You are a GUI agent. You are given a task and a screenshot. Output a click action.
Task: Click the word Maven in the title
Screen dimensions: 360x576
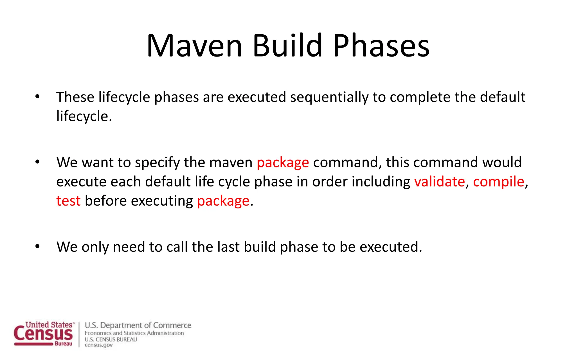194,46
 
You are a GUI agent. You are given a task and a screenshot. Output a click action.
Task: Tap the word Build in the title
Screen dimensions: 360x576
287,46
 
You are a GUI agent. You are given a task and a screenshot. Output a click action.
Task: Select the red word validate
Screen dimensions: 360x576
440,182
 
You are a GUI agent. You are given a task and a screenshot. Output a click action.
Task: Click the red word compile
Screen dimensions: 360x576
499,182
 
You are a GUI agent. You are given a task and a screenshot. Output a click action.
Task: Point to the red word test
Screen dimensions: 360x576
68,201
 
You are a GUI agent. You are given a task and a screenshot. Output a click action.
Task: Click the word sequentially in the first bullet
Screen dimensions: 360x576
329,97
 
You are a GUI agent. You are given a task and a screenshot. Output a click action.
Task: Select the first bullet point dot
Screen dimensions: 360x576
37,97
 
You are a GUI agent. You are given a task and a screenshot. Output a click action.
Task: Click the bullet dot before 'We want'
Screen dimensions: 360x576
37,162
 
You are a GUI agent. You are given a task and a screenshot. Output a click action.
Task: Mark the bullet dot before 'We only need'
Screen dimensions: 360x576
37,246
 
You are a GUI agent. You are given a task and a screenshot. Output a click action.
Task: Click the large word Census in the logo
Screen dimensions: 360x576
43,334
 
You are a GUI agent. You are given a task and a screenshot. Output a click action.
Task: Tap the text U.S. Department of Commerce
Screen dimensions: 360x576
138,325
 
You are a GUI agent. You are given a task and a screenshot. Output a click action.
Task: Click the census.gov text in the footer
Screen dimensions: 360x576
98,345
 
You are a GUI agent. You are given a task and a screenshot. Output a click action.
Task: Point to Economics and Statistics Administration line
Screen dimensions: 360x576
134,333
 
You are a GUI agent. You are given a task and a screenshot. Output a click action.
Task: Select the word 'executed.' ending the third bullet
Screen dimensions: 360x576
391,247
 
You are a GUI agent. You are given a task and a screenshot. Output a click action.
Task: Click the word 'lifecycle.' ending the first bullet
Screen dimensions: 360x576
84,116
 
